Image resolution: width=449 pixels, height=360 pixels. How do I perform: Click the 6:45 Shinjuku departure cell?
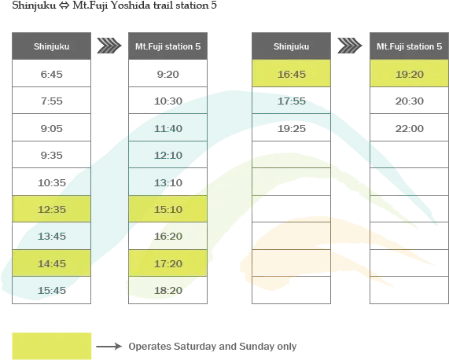[52, 74]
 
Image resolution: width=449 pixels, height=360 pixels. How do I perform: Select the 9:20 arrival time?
[167, 74]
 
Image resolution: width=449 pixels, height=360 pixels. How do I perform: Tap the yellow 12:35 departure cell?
[52, 209]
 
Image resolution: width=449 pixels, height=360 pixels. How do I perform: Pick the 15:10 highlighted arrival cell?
[167, 209]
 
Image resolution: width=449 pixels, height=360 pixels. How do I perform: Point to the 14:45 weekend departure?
[52, 263]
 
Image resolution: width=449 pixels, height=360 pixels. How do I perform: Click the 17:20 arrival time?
[167, 263]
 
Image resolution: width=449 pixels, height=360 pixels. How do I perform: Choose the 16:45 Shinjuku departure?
[291, 74]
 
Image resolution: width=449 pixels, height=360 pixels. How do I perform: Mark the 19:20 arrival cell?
[410, 74]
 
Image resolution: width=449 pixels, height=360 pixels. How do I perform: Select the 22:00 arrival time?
[410, 127]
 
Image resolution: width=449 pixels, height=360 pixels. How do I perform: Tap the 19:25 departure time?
[291, 127]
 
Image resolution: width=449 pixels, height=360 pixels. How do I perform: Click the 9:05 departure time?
[52, 127]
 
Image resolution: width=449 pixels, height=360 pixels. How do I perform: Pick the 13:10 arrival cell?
[167, 182]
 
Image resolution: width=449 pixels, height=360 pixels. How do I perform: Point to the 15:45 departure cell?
[52, 290]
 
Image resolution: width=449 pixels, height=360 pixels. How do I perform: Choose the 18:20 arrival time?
[167, 290]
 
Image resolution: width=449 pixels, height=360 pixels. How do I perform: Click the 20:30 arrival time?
[410, 101]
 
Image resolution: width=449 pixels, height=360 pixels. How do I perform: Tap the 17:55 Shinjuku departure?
[291, 101]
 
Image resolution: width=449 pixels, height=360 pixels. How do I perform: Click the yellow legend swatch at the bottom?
[52, 346]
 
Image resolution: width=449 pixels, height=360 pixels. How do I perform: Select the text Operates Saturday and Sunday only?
[212, 347]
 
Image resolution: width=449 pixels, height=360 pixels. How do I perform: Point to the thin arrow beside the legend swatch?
[109, 347]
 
